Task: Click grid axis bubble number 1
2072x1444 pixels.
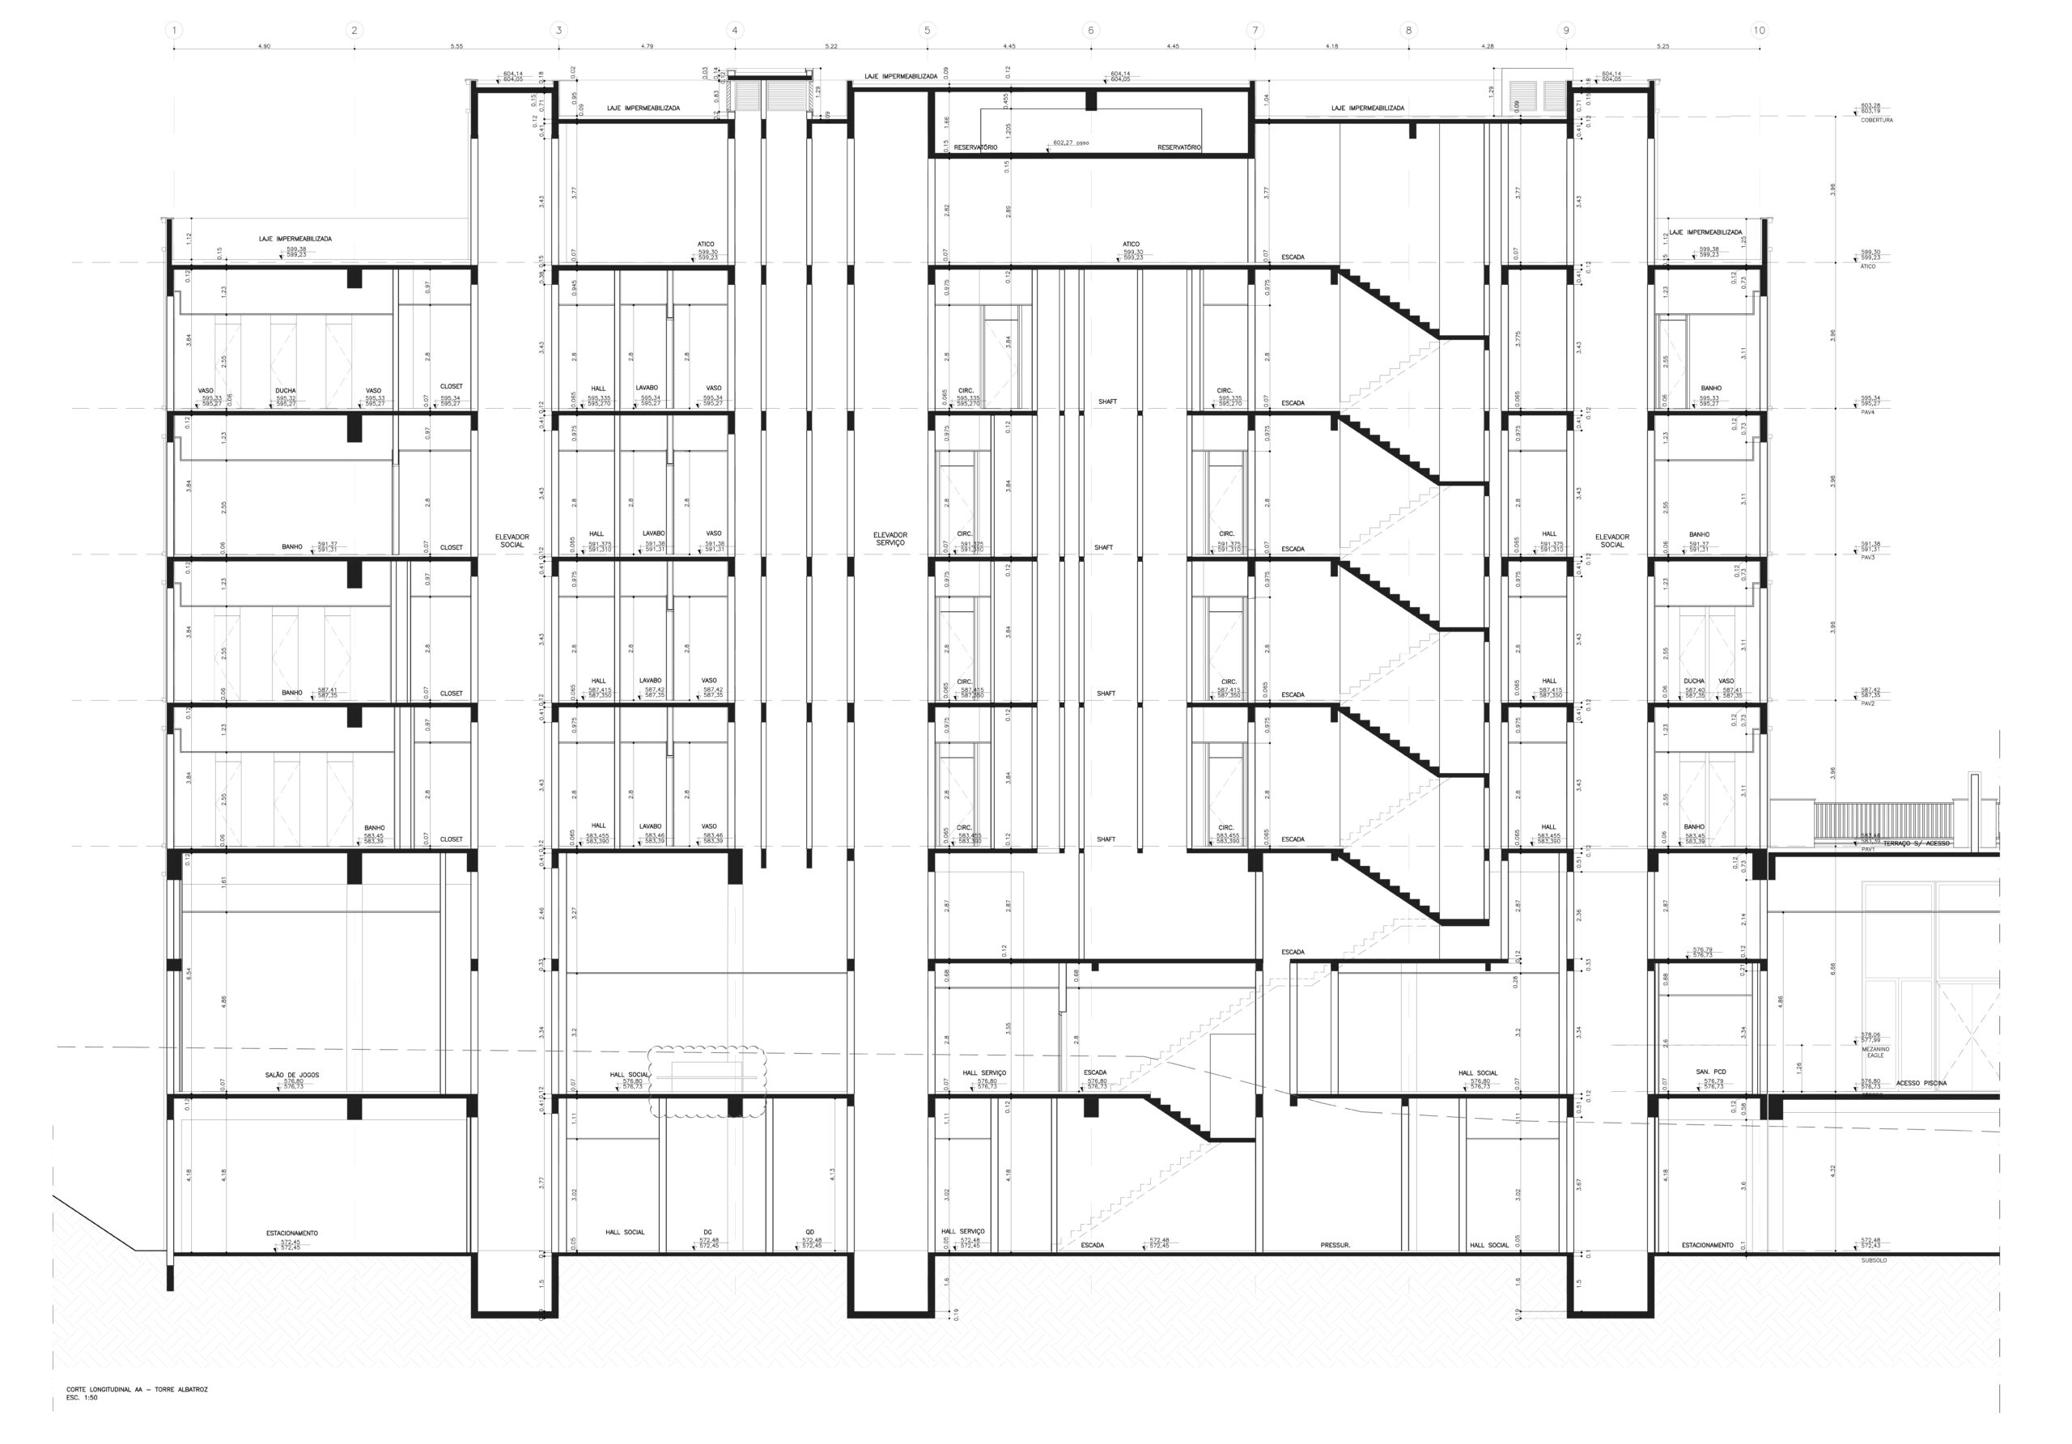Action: [x=174, y=31]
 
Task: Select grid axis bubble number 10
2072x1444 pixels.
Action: [x=1759, y=31]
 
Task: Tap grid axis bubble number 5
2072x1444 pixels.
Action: [x=927, y=31]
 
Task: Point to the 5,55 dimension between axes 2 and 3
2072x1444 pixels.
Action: [x=456, y=45]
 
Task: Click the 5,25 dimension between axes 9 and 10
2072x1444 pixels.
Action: [x=1663, y=45]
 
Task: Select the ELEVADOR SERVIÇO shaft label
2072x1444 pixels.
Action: [x=890, y=539]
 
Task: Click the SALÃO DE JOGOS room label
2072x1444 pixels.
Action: [x=291, y=1075]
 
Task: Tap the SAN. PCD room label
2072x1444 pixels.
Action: [x=1710, y=1072]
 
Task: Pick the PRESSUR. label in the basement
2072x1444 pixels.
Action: [x=1335, y=1246]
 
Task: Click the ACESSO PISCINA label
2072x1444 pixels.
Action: [x=1921, y=1083]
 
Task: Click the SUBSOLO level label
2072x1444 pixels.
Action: [x=1874, y=1261]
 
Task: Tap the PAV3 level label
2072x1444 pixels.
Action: [x=1868, y=558]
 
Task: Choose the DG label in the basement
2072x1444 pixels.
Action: [x=707, y=1232]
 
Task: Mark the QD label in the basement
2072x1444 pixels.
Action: [x=810, y=1232]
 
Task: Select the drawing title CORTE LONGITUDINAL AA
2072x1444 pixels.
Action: [x=136, y=1390]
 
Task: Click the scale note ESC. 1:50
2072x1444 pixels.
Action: [x=82, y=1398]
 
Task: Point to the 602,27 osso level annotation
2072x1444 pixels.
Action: [x=1070, y=142]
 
